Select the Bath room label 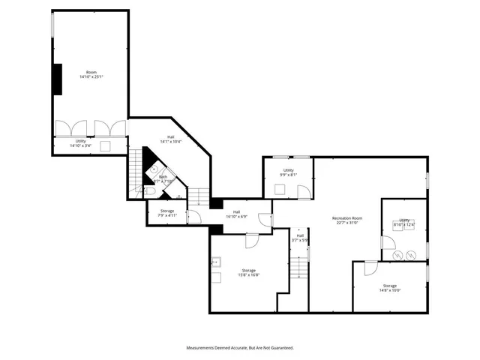[x=163, y=178]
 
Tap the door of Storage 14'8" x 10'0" [x=370, y=268]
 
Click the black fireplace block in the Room [x=57, y=79]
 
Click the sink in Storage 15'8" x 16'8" [x=217, y=262]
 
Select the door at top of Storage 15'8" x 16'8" [x=251, y=241]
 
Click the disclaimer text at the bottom [x=239, y=348]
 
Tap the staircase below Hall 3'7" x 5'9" [x=300, y=267]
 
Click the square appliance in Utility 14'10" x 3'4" [x=106, y=144]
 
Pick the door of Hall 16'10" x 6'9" [x=265, y=219]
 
